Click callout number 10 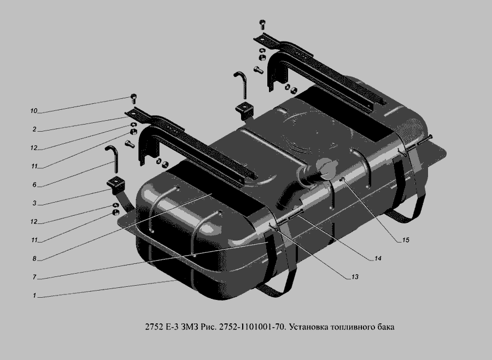tap(33, 111)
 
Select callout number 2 tap(34, 129)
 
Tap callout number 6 tap(34, 185)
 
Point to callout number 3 tap(34, 203)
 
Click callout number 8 tap(34, 259)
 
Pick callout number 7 tap(34, 277)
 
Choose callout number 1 tap(34, 296)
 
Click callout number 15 tap(406, 240)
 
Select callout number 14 tap(378, 258)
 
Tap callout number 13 tap(355, 277)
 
